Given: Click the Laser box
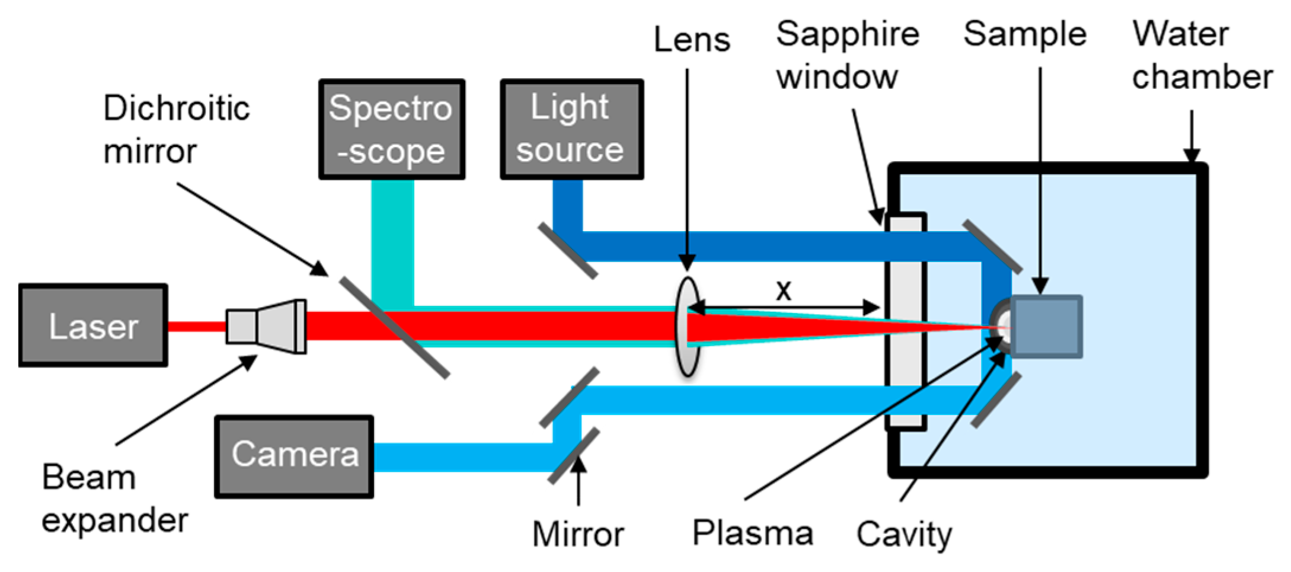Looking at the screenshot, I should [93, 325].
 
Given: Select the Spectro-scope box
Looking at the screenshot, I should [391, 129].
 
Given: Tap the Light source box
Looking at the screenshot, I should [571, 129].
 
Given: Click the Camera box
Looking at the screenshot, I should [294, 456].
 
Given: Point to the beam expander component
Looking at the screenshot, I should [267, 327].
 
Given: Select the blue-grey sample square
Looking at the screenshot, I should [1047, 327].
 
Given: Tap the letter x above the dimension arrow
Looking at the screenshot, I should [784, 290].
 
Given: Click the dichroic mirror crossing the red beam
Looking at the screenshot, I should [394, 327].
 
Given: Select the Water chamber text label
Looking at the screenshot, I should [1201, 55].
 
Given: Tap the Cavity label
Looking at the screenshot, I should [904, 534].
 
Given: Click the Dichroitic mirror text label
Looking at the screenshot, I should [176, 129].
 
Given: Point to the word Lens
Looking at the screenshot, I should [691, 40].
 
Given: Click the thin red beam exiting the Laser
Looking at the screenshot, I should [196, 327].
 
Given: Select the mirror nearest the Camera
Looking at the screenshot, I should [573, 456].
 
